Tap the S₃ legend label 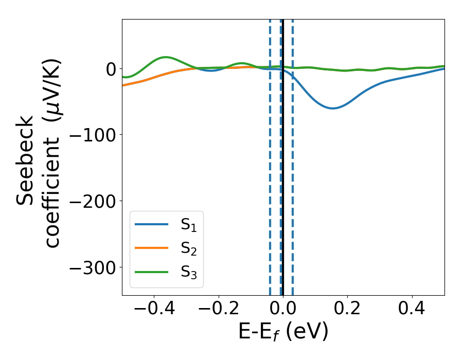click(189, 272)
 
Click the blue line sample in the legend click(151, 224)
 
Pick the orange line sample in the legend click(151, 248)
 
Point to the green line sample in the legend click(151, 272)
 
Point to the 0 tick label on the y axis click(110, 69)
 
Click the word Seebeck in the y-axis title click(26, 160)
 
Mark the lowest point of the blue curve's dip click(333, 108)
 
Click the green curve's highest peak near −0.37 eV click(166, 57)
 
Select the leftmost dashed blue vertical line click(270, 154)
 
